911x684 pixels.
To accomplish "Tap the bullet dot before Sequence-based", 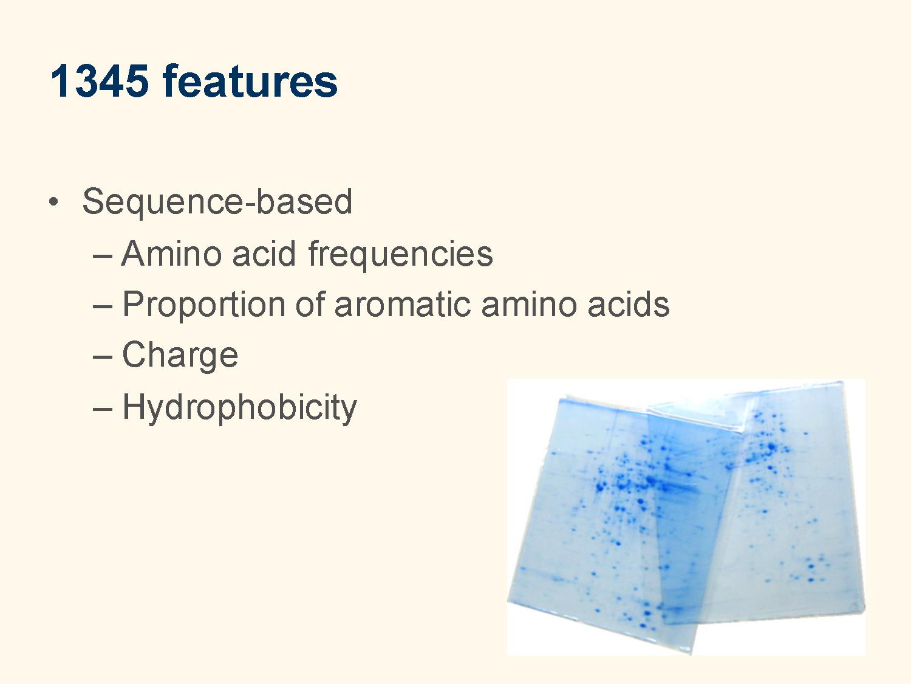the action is (53, 202).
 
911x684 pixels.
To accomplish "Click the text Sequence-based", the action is (217, 201).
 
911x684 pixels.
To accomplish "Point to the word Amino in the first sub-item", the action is (171, 254).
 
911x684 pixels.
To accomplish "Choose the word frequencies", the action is (400, 255).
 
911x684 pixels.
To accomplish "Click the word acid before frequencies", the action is (264, 254).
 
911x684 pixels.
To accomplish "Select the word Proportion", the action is (204, 306).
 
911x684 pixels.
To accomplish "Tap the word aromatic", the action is (403, 305).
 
